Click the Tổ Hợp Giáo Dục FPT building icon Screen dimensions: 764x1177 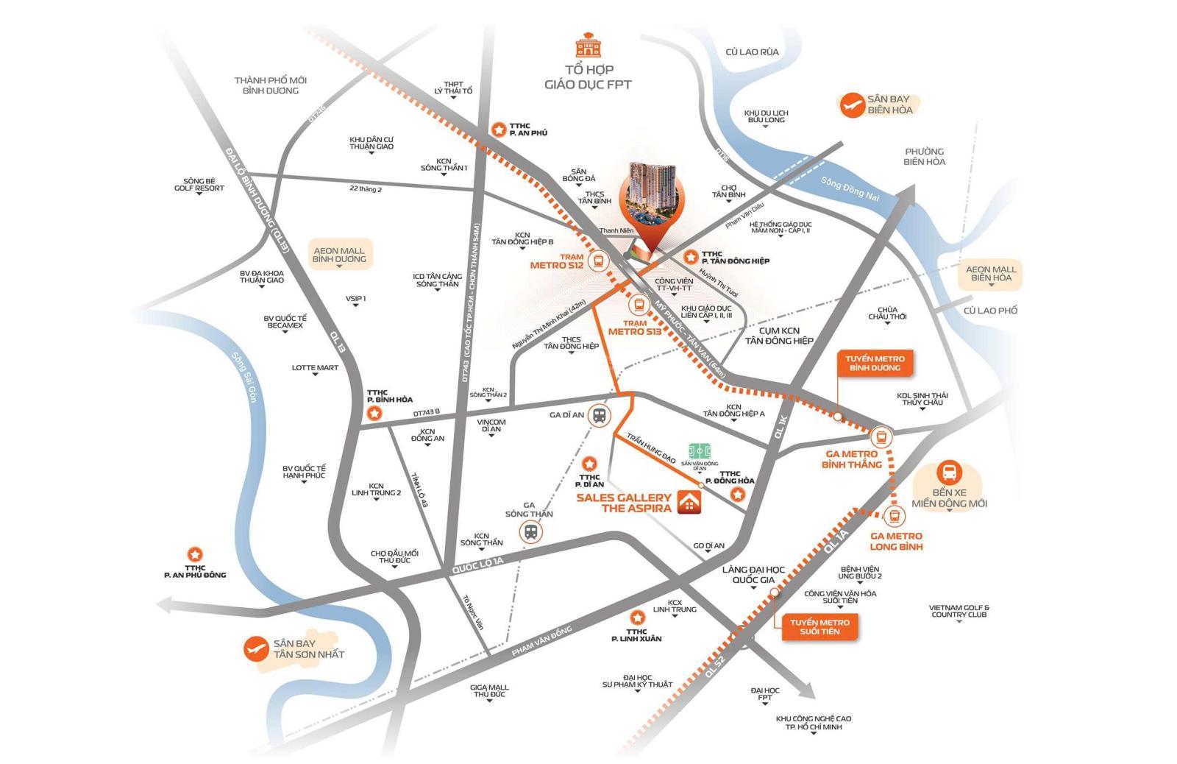tap(588, 45)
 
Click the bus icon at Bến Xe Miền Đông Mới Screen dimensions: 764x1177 tap(949, 473)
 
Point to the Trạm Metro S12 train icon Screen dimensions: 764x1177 tap(599, 260)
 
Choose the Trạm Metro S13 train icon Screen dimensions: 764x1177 tap(638, 303)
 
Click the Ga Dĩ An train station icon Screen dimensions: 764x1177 tap(600, 415)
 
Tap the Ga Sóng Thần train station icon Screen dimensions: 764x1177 tap(530, 531)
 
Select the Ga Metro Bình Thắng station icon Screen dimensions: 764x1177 tap(882, 436)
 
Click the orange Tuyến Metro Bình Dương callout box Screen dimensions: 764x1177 tap(875, 363)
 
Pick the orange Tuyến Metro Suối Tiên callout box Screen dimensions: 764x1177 tap(819, 627)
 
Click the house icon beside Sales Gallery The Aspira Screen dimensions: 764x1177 tap(689, 502)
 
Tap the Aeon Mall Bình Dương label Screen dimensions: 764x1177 tap(339, 255)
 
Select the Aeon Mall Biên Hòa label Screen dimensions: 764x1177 tap(990, 273)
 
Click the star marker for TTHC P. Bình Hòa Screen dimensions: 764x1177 tap(375, 414)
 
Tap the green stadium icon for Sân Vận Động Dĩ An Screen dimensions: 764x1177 tap(700, 450)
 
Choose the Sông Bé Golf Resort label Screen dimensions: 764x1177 tap(199, 184)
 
